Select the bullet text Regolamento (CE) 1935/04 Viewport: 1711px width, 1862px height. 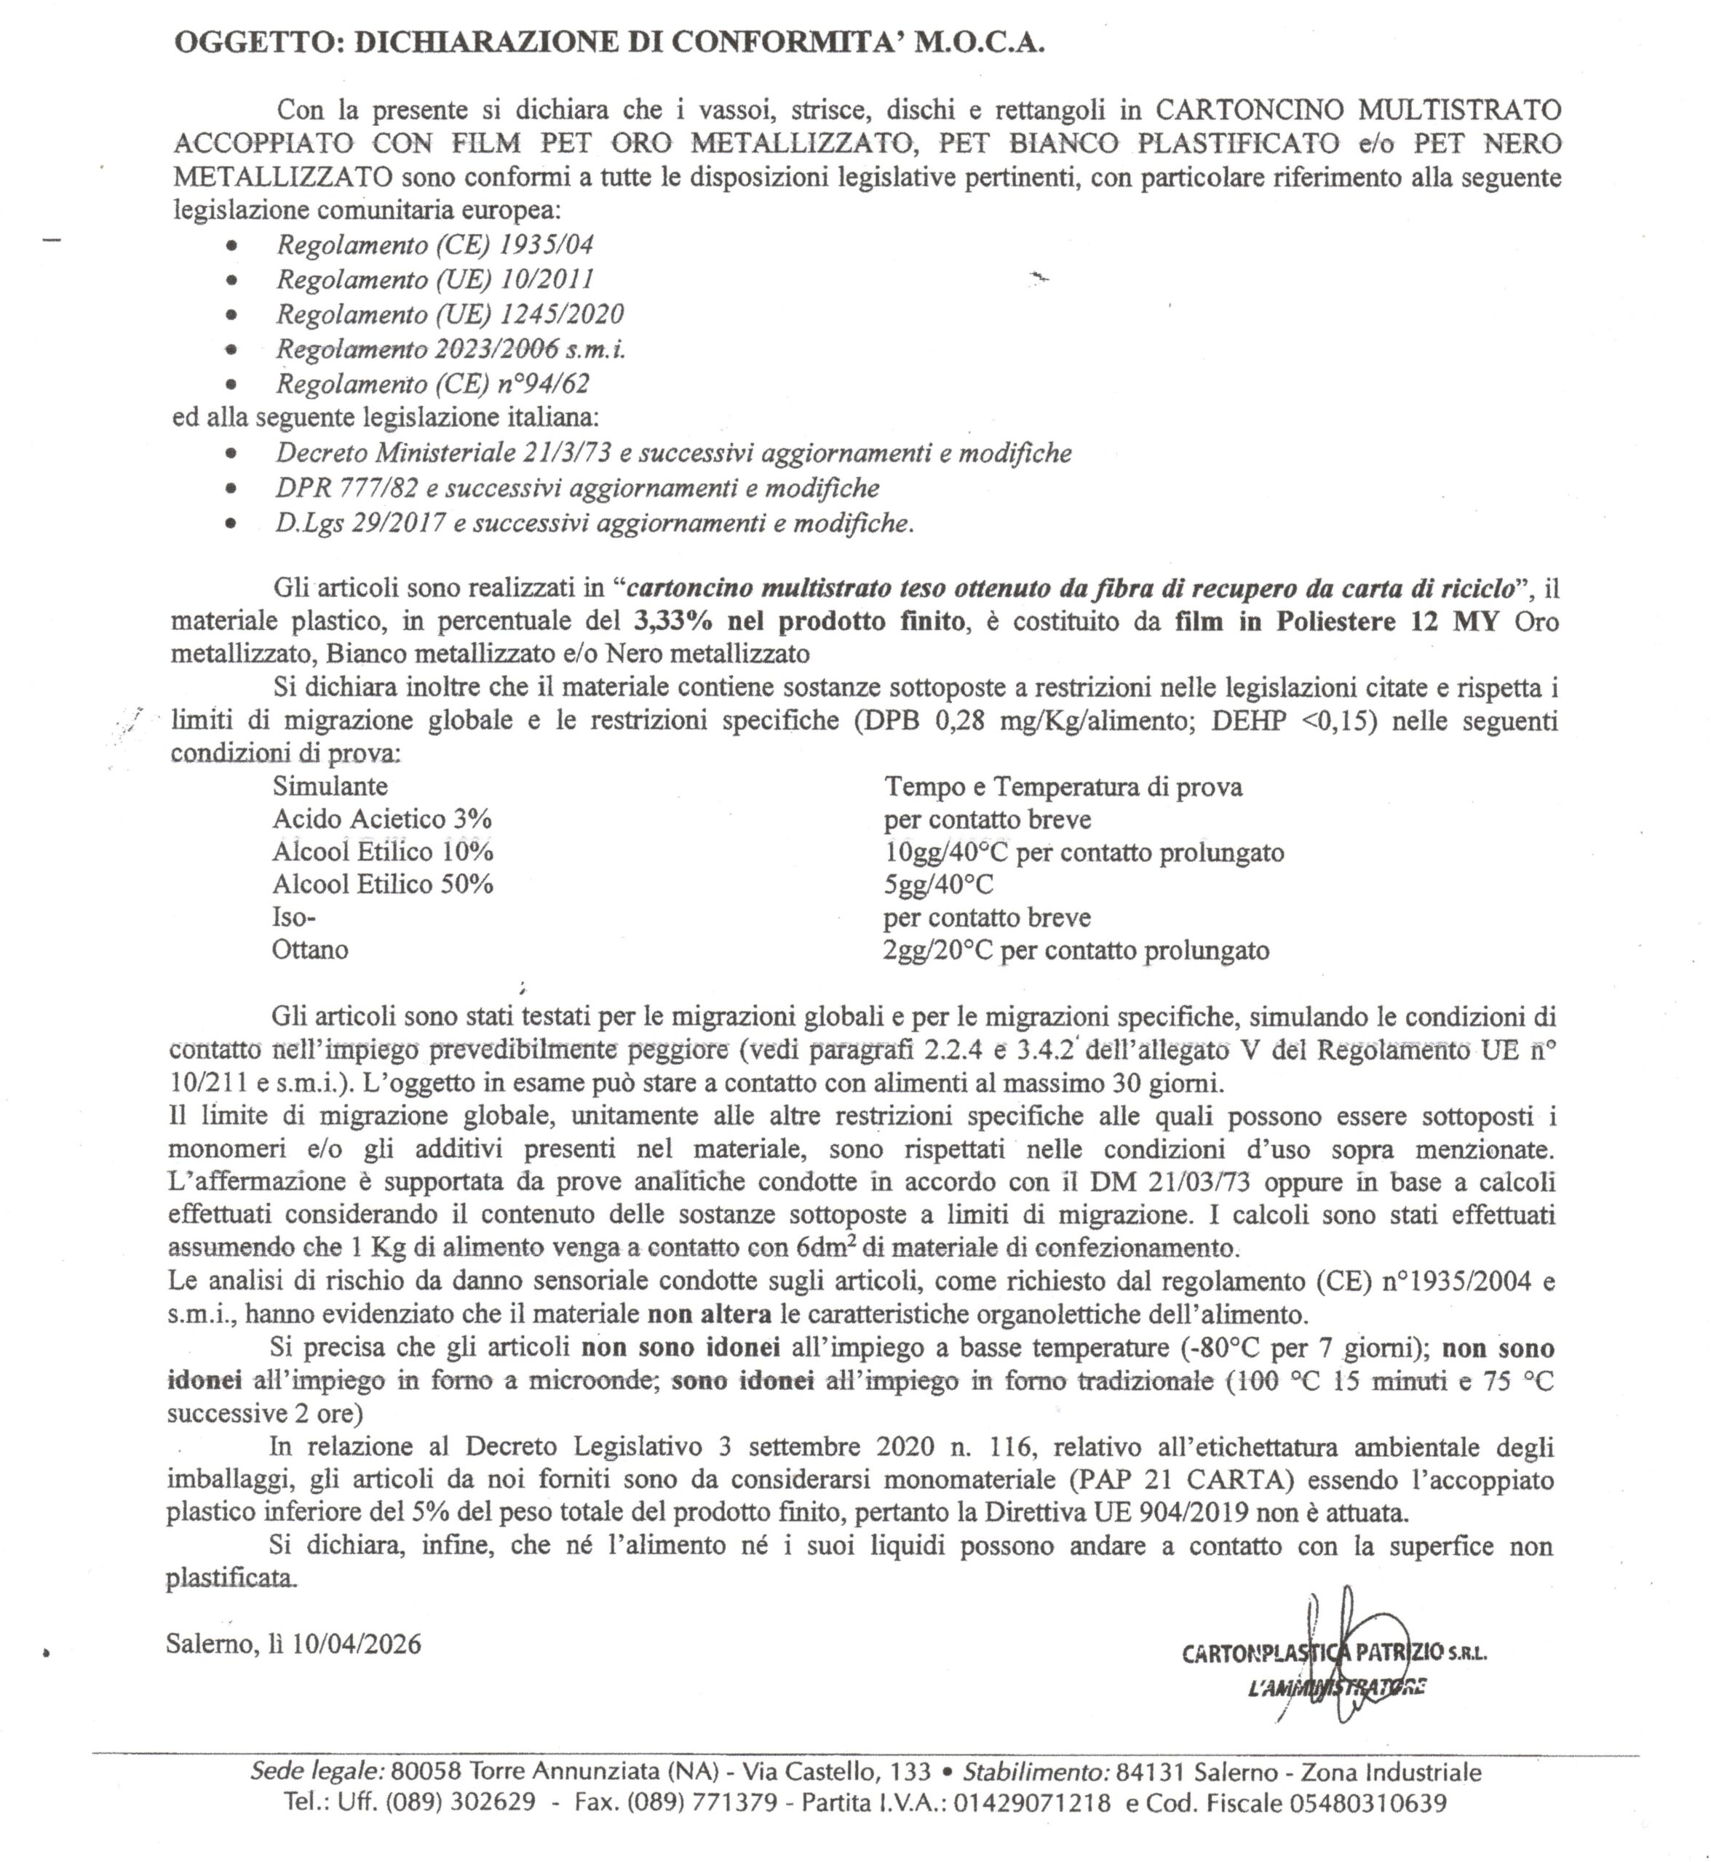click(x=434, y=245)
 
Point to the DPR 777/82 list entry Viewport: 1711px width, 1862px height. click(x=577, y=488)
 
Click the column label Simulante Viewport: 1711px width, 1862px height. click(x=330, y=787)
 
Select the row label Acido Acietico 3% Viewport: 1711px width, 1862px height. click(x=381, y=819)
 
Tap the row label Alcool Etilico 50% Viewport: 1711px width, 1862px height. click(x=382, y=884)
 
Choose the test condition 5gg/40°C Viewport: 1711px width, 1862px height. click(x=938, y=884)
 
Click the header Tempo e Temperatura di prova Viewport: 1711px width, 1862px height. click(x=1063, y=788)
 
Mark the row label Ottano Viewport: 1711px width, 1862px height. click(x=309, y=951)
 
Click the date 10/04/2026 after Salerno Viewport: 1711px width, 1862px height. click(x=357, y=1645)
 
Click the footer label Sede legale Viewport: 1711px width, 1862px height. click(x=317, y=1771)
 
